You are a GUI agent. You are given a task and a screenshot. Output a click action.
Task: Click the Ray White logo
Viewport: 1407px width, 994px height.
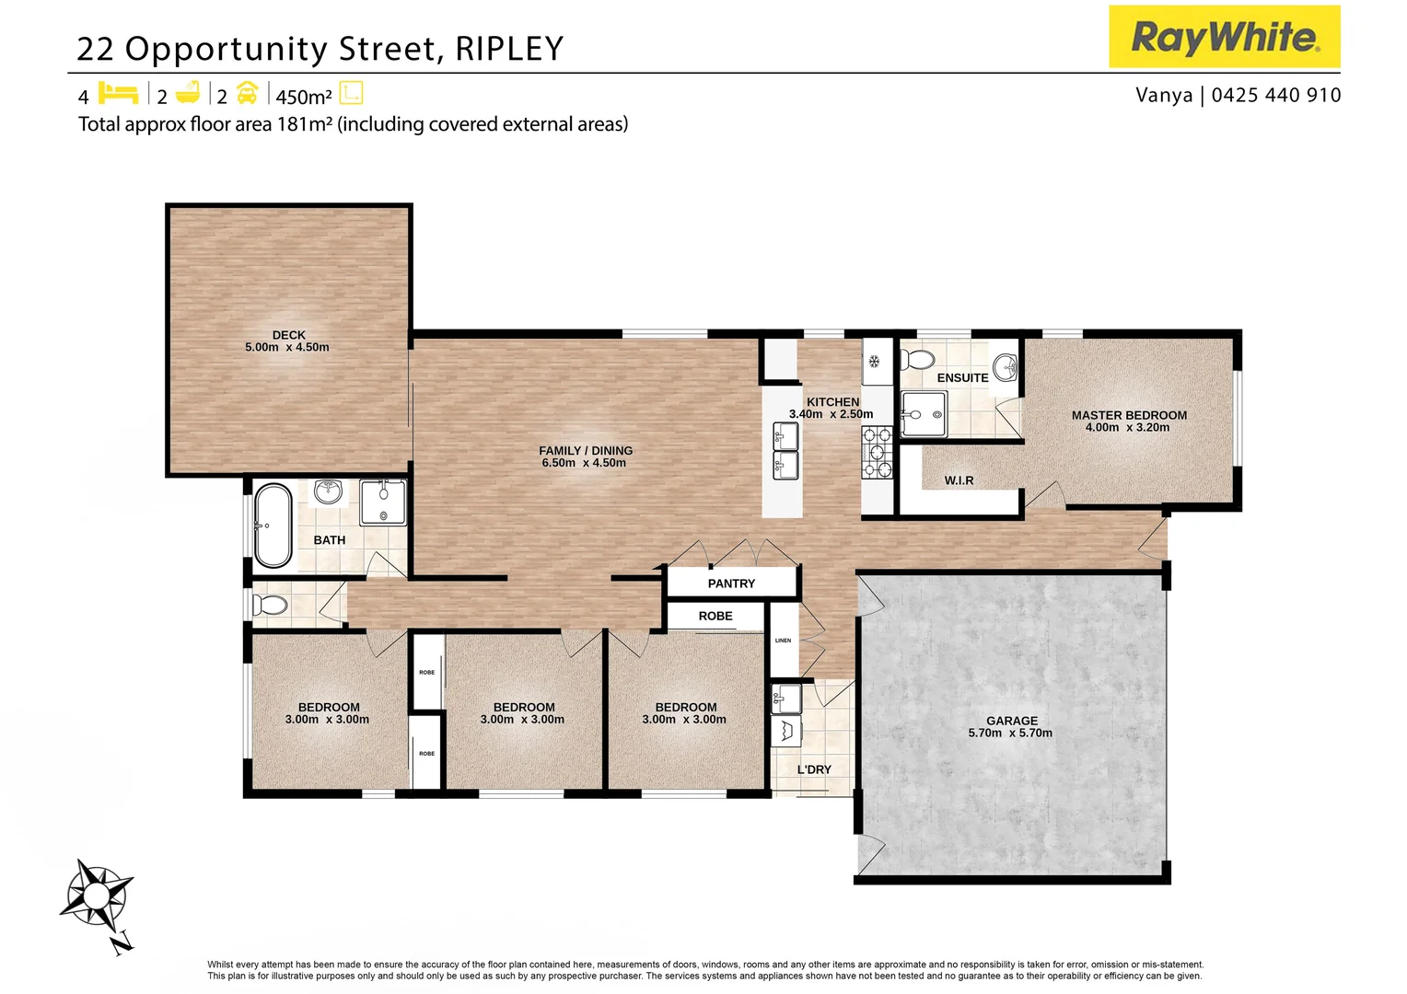[x=1224, y=37]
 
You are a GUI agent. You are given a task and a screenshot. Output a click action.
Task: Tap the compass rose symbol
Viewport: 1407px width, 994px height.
[x=96, y=894]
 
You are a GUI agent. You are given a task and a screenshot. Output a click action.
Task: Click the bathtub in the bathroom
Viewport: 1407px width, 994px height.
[x=273, y=526]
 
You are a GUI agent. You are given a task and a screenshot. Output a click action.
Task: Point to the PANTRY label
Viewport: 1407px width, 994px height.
[x=731, y=584]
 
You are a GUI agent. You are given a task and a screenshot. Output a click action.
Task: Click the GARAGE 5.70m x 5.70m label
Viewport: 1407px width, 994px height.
[x=1010, y=727]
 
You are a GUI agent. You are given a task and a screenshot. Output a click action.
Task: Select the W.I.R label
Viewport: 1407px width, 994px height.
[x=959, y=480]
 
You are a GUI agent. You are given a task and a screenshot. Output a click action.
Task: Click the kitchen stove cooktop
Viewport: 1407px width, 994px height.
[x=877, y=453]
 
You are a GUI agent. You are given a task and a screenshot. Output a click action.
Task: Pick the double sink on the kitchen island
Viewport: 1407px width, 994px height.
[x=785, y=450]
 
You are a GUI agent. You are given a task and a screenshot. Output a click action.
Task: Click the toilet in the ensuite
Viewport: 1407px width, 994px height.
[x=917, y=359]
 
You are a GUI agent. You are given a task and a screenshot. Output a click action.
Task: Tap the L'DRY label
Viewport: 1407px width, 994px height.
[x=814, y=769]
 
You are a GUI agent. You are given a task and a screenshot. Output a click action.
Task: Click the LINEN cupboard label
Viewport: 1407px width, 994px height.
[x=783, y=641]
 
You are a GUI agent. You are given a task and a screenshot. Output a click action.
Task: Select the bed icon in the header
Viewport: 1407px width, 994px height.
[x=118, y=94]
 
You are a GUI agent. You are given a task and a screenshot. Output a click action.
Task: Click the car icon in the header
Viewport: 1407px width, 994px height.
[x=247, y=94]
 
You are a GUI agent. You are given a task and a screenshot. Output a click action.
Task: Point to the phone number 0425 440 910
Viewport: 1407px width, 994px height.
[x=1275, y=95]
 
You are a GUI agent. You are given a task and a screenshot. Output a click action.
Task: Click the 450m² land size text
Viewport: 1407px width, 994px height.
[x=303, y=97]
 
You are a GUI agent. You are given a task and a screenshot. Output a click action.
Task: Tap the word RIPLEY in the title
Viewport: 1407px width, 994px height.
[x=509, y=49]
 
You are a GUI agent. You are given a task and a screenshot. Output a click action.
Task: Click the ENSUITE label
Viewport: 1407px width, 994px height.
[x=962, y=377]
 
